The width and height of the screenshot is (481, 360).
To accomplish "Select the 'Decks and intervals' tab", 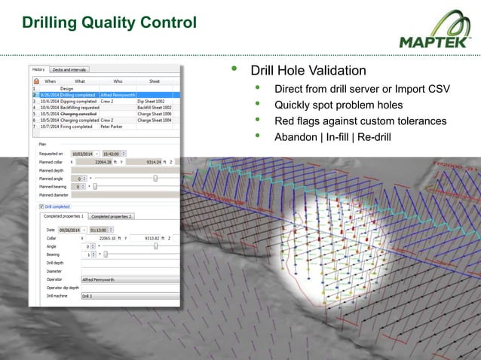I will coord(69,69).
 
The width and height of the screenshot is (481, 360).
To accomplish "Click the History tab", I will coord(39,69).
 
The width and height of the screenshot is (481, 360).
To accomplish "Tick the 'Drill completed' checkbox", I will coord(41,206).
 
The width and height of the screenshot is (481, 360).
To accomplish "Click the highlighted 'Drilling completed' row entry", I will coord(78,95).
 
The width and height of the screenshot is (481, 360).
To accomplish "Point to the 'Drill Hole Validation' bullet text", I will coord(308,71).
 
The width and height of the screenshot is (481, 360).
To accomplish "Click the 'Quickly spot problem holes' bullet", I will coord(338,105).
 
